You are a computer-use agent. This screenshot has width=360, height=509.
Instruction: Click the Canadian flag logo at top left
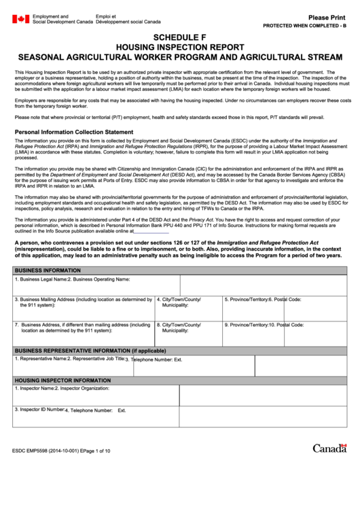click(x=20, y=18)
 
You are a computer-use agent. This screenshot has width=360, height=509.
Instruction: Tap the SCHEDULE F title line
click(x=180, y=37)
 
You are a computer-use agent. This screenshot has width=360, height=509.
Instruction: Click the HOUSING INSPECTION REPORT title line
click(x=180, y=47)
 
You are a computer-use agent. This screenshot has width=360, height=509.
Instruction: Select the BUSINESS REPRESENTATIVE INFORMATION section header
click(x=90, y=351)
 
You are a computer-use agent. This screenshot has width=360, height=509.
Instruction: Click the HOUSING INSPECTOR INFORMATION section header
click(x=62, y=381)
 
